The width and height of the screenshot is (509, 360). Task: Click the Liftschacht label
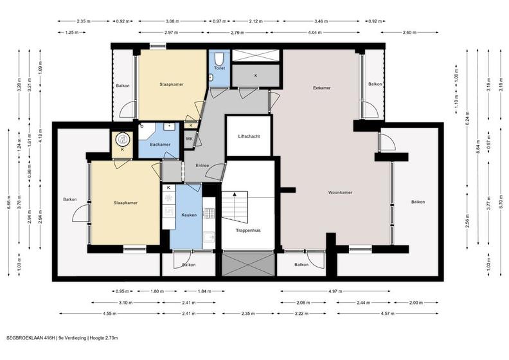pos(249,137)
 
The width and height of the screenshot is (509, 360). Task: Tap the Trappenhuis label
pos(248,231)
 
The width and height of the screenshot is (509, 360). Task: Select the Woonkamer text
pos(340,192)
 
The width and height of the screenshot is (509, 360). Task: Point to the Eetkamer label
pos(322,88)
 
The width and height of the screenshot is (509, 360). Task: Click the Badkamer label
pos(160,145)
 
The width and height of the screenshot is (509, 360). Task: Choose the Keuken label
pos(189,215)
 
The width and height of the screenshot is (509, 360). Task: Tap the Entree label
pos(202,166)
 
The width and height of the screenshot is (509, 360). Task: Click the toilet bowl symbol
pos(219,59)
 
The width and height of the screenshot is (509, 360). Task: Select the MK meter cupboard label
pos(189,139)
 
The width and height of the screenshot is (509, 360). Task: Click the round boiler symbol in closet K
pos(122,139)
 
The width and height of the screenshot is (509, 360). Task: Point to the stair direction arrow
pos(235,194)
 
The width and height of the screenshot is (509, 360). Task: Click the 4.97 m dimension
pos(335,291)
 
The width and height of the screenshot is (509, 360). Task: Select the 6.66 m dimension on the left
pos(8,203)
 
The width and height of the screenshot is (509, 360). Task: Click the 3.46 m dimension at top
pos(321,21)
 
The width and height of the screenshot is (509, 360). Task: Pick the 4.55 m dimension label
pos(110,314)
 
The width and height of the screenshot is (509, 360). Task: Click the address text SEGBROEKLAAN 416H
pos(31,338)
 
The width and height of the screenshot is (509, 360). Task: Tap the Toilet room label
pos(219,68)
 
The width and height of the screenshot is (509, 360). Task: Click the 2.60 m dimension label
pos(409,32)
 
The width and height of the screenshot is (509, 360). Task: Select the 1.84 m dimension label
pos(204,291)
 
